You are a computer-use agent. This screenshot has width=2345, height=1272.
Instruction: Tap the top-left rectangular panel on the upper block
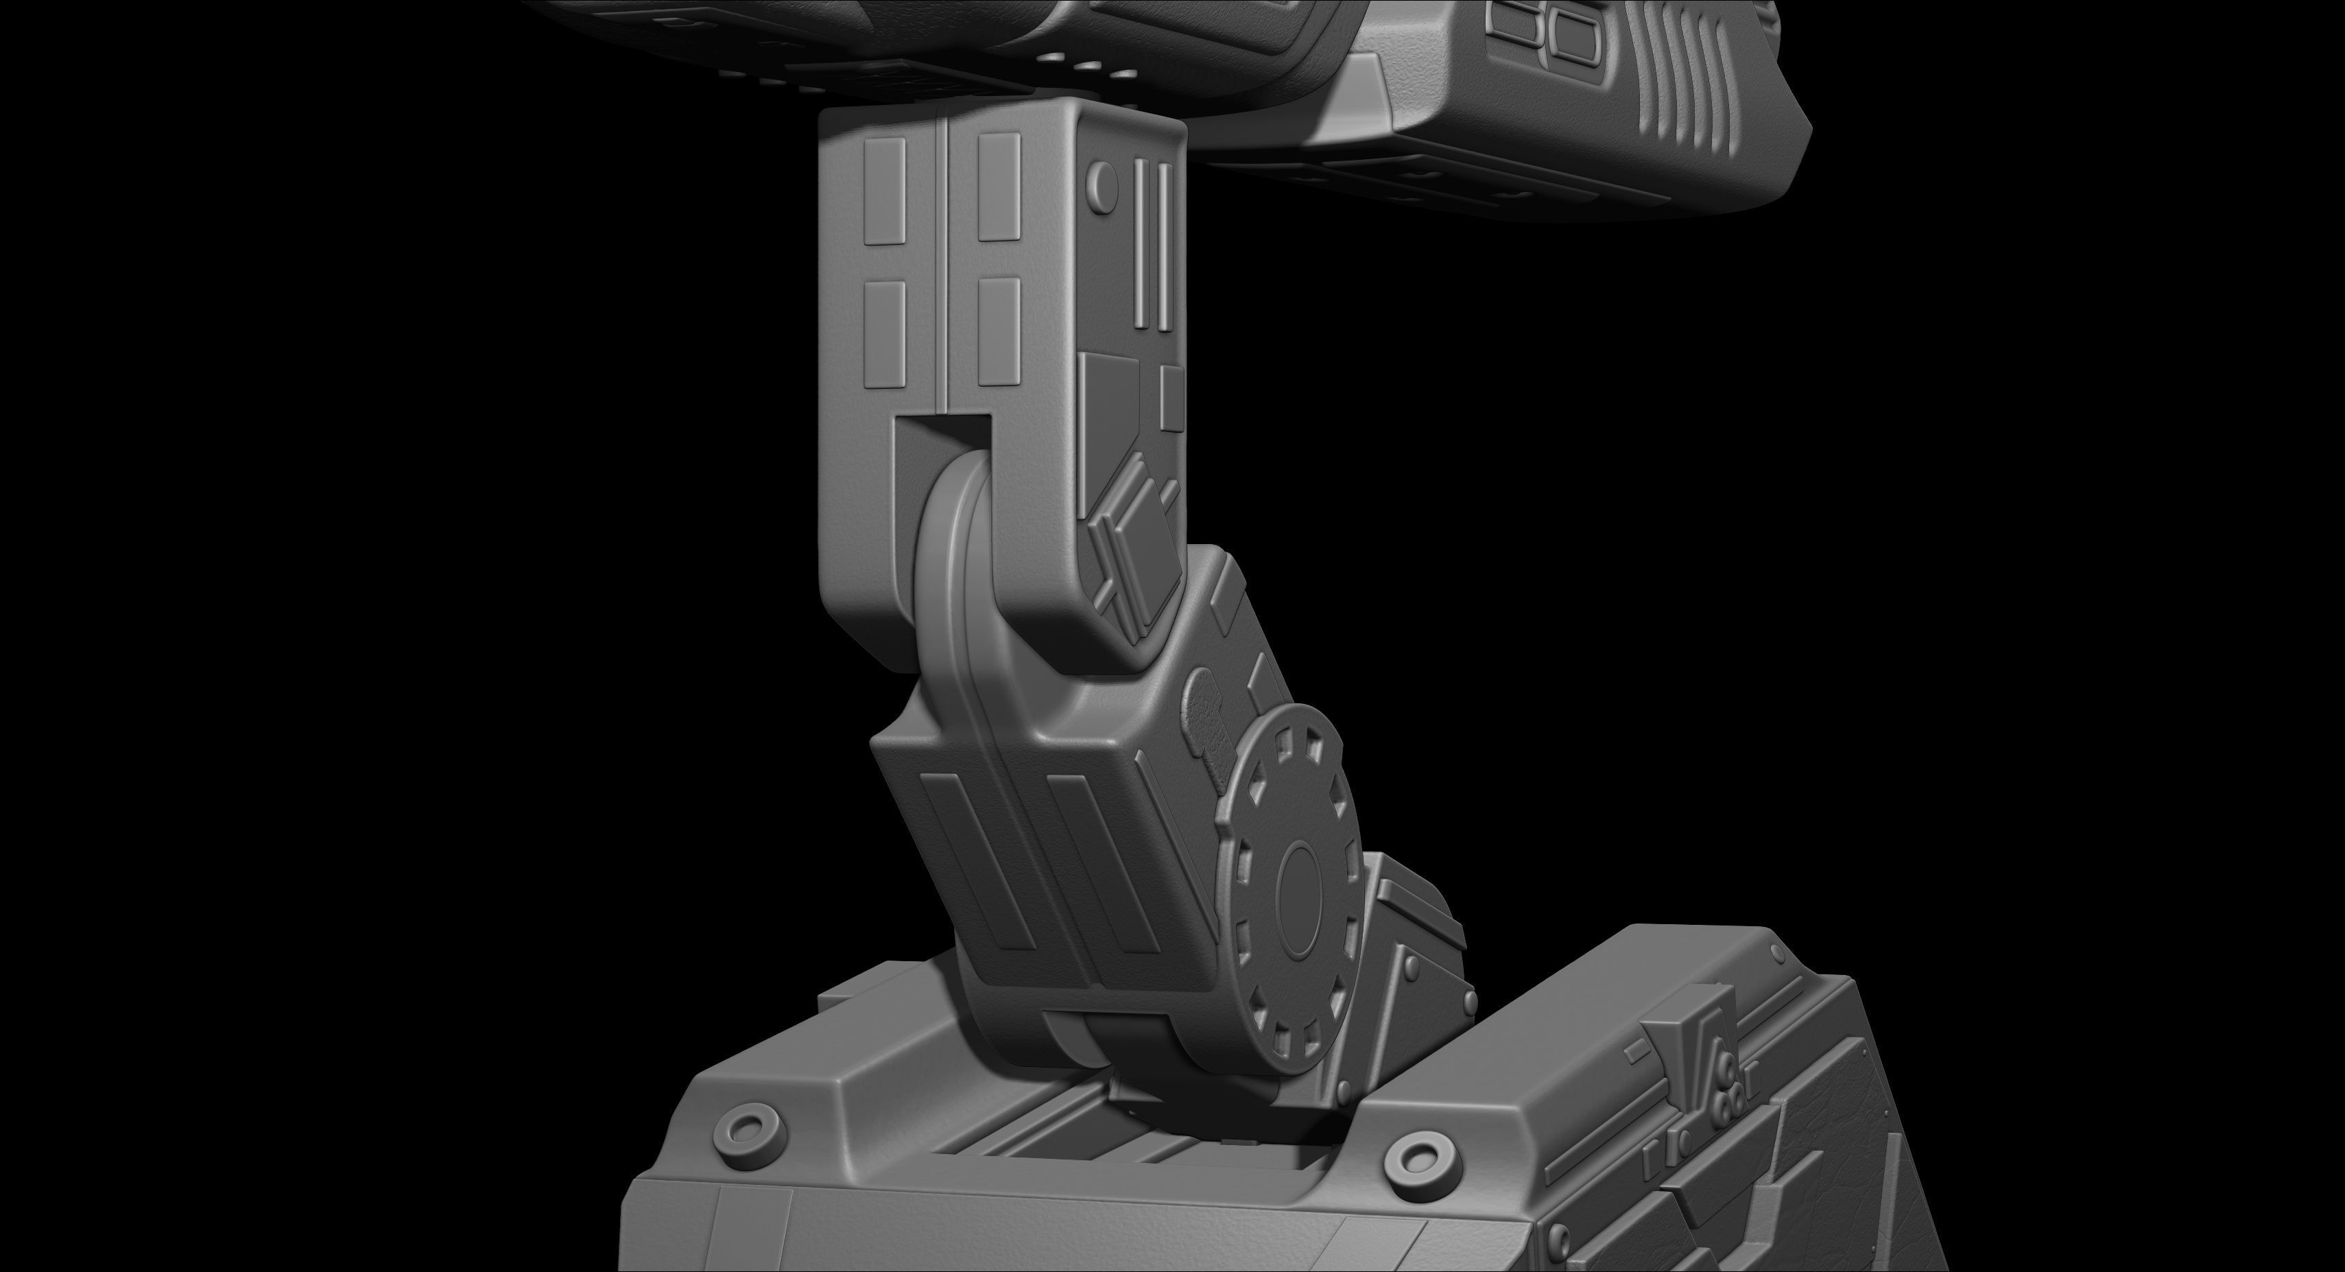coord(883,191)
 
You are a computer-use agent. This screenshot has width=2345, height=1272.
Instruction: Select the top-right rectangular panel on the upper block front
coord(999,187)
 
